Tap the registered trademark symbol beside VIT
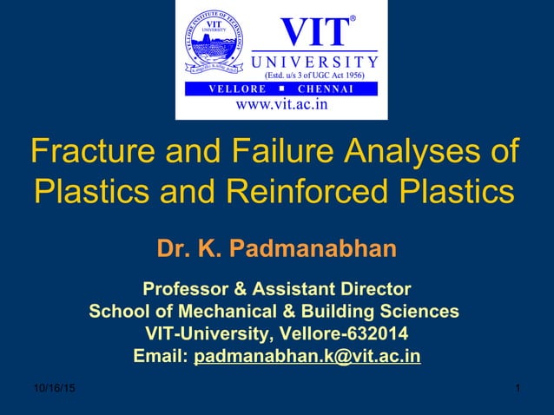click(x=353, y=18)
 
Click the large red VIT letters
click(x=313, y=32)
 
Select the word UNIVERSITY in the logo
click(x=314, y=62)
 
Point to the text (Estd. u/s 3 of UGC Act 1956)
click(x=315, y=76)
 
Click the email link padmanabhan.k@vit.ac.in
click(x=307, y=357)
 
